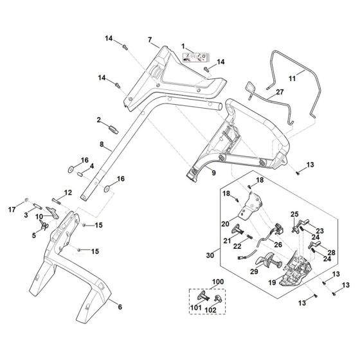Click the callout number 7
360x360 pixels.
click(150, 40)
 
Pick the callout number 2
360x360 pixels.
click(100, 120)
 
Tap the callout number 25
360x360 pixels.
click(294, 214)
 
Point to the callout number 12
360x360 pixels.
click(67, 191)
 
